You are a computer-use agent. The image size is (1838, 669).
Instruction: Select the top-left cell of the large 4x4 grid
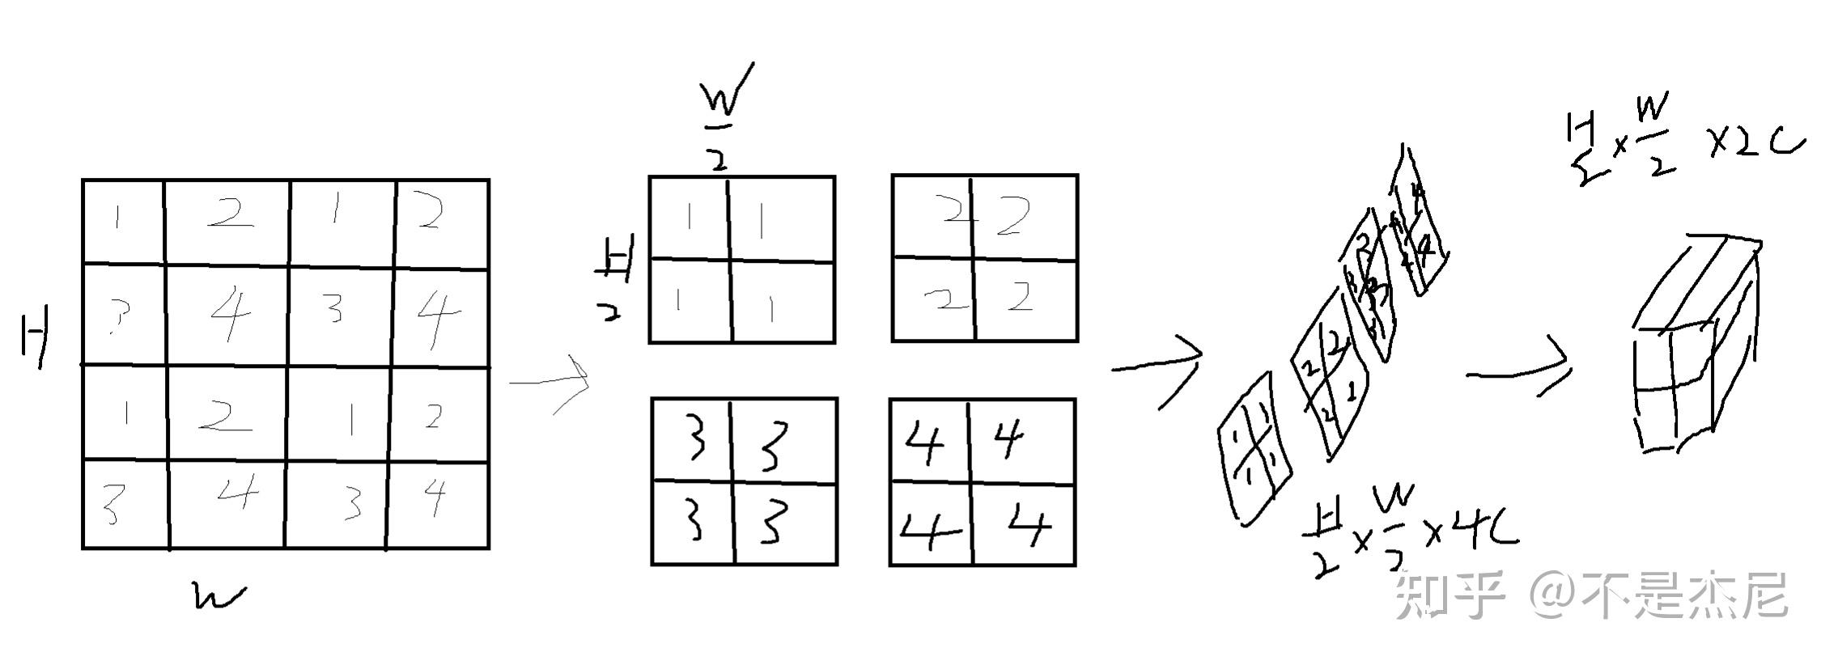(x=123, y=221)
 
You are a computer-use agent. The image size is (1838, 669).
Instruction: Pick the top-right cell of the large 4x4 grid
(x=442, y=221)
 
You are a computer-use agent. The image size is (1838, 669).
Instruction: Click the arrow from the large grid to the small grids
(x=550, y=382)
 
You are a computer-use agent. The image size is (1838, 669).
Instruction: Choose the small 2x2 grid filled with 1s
(x=741, y=260)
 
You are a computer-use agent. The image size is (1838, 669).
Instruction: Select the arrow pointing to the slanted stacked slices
(x=1157, y=368)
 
